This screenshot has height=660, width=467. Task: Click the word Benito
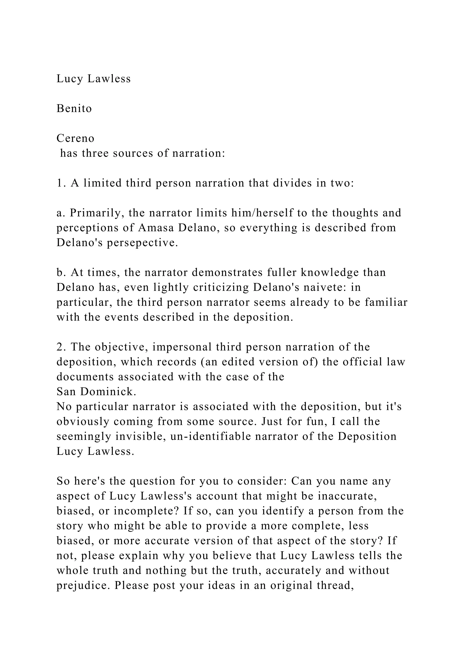[74, 109]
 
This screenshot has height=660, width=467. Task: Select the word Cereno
[75, 139]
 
